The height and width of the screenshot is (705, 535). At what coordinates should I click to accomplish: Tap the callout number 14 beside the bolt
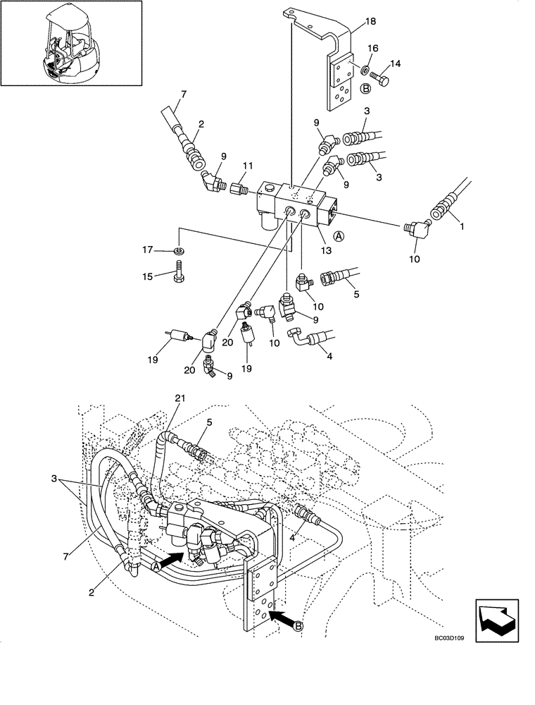pos(395,64)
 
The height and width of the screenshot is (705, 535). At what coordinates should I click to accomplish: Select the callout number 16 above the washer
pos(373,48)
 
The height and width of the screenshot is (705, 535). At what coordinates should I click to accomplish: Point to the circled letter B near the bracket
pos(365,89)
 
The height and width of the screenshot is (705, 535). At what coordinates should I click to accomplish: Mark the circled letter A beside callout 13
pos(339,235)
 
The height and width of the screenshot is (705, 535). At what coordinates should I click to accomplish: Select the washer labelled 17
pos(179,250)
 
